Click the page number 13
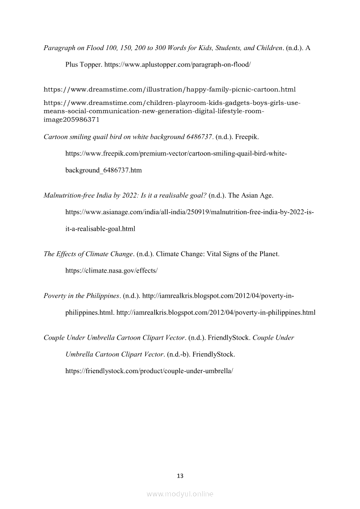click(180, 476)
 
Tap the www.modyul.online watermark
click(180, 494)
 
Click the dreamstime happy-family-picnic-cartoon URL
click(170, 90)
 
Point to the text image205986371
click(71, 119)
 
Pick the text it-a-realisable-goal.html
click(100, 229)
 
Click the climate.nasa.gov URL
click(111, 270)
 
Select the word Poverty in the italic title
click(54, 296)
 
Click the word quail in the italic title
click(100, 137)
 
